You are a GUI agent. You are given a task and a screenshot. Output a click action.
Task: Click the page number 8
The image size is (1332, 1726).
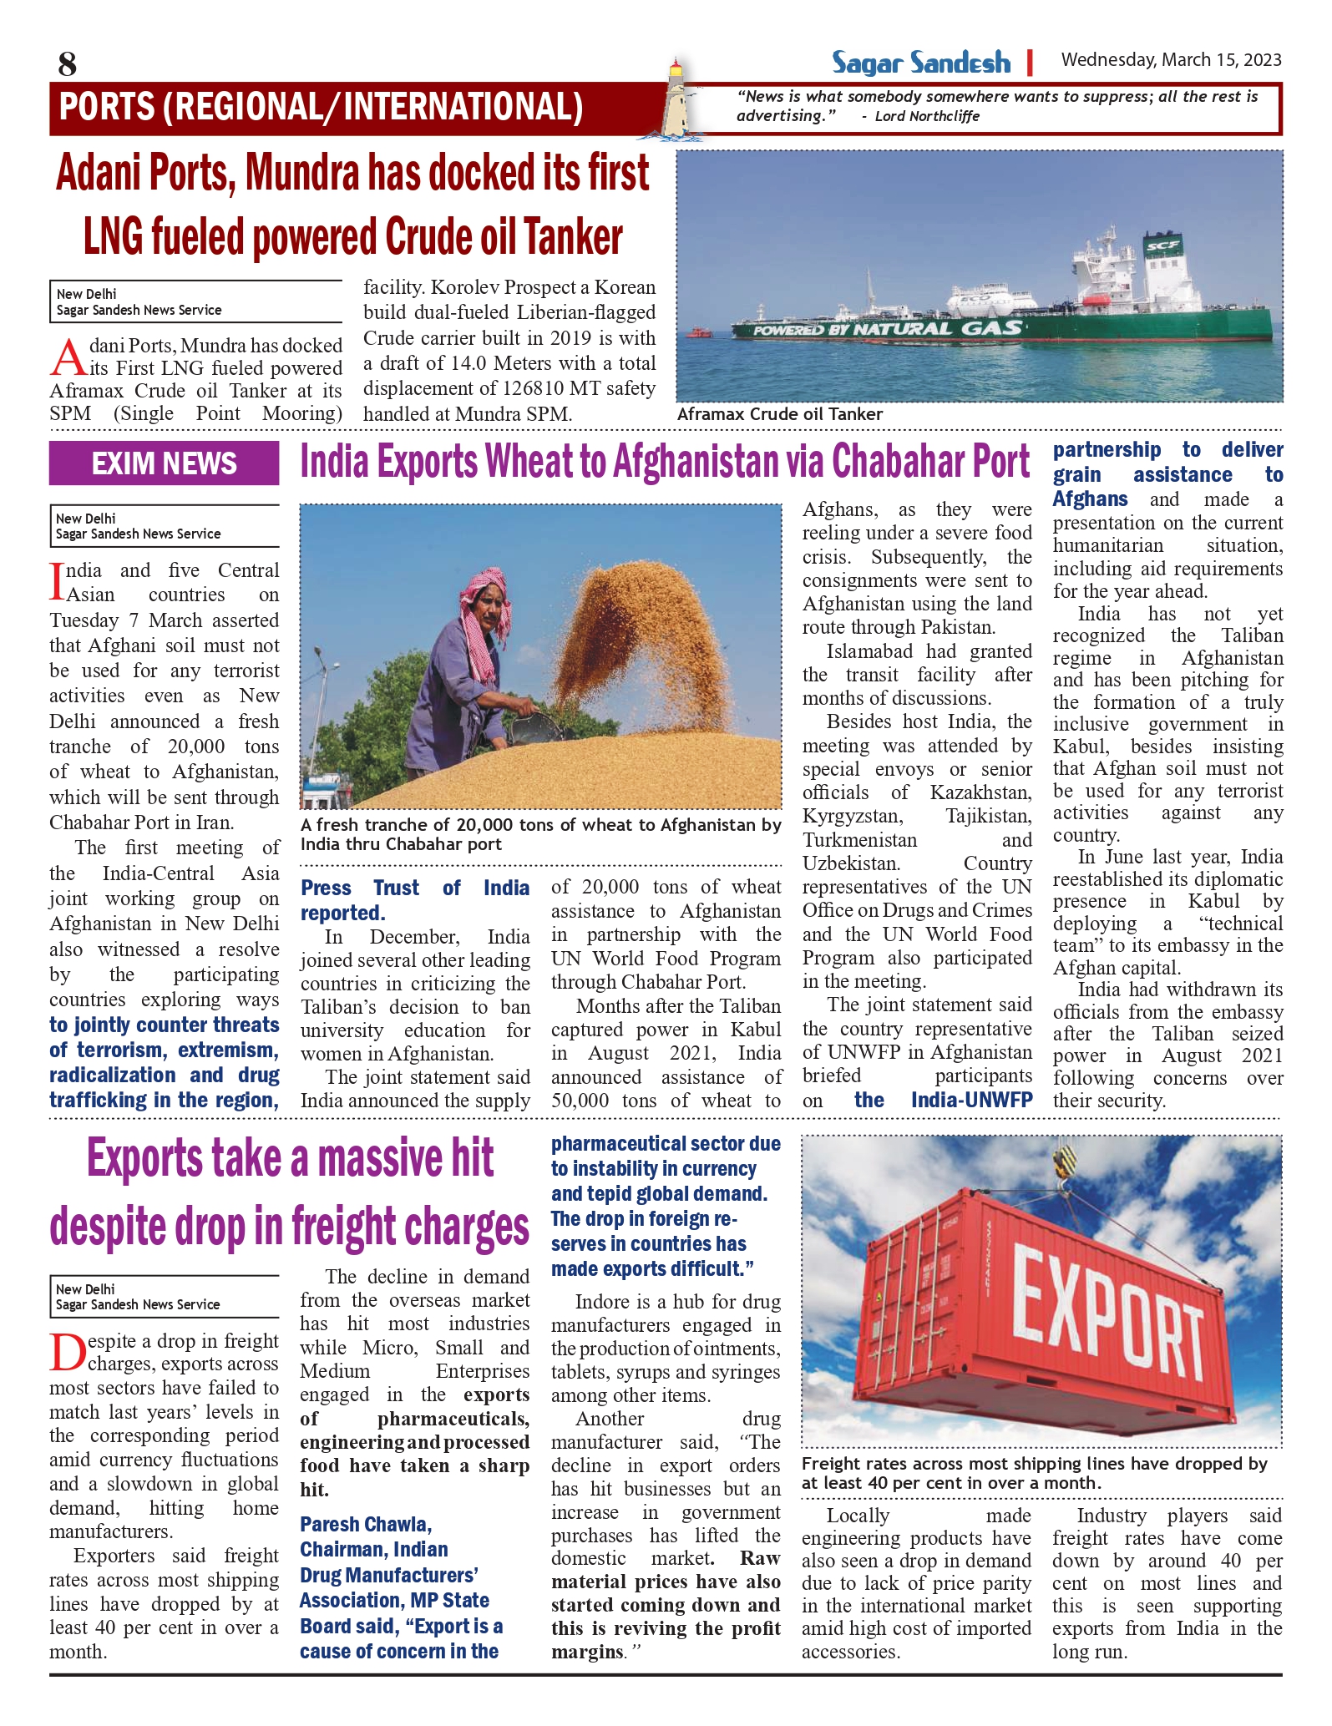coord(68,63)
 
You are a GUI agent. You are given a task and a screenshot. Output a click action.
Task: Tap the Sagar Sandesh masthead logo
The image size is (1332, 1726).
coord(920,63)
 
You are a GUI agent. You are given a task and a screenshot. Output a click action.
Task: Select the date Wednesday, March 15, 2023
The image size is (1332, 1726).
coord(1171,60)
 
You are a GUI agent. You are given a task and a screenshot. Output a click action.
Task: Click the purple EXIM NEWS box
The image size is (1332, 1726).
coord(164,463)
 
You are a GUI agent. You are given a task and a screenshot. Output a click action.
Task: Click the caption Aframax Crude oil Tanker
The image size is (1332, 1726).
coord(779,414)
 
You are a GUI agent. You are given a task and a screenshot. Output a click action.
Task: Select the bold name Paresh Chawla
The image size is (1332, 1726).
coord(365,1525)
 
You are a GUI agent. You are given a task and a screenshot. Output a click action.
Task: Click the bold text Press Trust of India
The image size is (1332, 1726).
coord(414,888)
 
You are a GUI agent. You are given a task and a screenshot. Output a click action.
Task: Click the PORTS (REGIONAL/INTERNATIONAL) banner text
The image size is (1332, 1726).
coord(322,108)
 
